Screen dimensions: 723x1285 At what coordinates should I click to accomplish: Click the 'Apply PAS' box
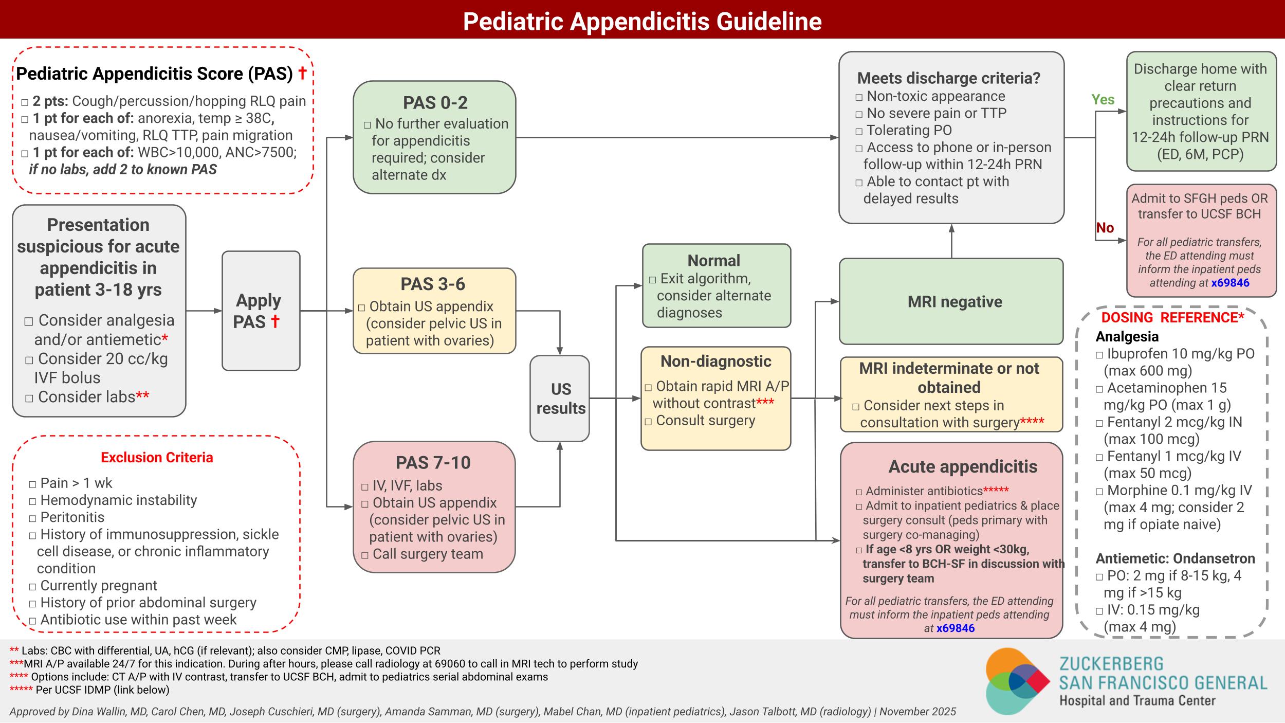tap(261, 311)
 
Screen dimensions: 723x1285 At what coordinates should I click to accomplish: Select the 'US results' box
tap(560, 398)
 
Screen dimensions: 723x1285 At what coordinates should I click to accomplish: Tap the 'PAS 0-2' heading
tap(435, 103)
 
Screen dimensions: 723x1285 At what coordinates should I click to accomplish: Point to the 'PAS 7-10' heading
tap(433, 462)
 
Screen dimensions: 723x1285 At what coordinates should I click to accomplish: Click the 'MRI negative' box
tap(954, 301)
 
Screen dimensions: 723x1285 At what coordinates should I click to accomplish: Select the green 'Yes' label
tap(1103, 100)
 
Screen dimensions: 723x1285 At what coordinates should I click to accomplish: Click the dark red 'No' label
tap(1105, 228)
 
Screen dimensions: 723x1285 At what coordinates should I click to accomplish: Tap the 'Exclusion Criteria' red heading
tap(157, 457)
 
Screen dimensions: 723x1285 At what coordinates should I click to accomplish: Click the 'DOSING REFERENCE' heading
tap(1172, 317)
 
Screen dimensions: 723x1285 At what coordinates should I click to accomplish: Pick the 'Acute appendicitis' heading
tap(962, 466)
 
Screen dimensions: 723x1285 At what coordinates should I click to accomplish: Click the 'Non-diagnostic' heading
tap(715, 361)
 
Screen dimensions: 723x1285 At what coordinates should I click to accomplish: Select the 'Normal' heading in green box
tap(713, 260)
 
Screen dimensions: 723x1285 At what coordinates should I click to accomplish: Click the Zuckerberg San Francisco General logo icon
tap(1017, 681)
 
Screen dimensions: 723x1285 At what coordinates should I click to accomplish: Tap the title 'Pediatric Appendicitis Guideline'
tap(642, 21)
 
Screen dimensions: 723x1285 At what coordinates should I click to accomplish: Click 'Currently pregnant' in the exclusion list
tap(98, 585)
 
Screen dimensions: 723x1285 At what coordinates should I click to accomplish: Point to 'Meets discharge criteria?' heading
tap(948, 78)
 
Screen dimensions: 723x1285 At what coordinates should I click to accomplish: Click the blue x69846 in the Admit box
tap(1230, 283)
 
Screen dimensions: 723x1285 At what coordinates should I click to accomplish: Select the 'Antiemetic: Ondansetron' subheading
tap(1175, 558)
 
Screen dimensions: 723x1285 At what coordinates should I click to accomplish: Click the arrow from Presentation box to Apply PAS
tap(204, 311)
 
